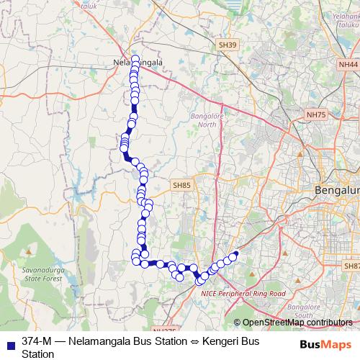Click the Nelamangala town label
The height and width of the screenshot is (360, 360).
pyautogui.click(x=139, y=63)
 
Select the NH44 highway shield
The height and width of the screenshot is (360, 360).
pyautogui.click(x=348, y=64)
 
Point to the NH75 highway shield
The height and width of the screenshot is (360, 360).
pyautogui.click(x=315, y=114)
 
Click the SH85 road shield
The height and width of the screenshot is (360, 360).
pyautogui.click(x=182, y=186)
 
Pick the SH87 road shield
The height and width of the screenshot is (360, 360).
pyautogui.click(x=352, y=266)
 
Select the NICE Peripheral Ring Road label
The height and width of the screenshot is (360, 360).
pyautogui.click(x=243, y=294)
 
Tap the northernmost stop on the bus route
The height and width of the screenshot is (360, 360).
pyautogui.click(x=135, y=58)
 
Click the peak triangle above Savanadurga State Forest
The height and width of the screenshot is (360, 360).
pyautogui.click(x=28, y=253)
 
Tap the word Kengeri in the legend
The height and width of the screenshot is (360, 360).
pyautogui.click(x=228, y=340)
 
